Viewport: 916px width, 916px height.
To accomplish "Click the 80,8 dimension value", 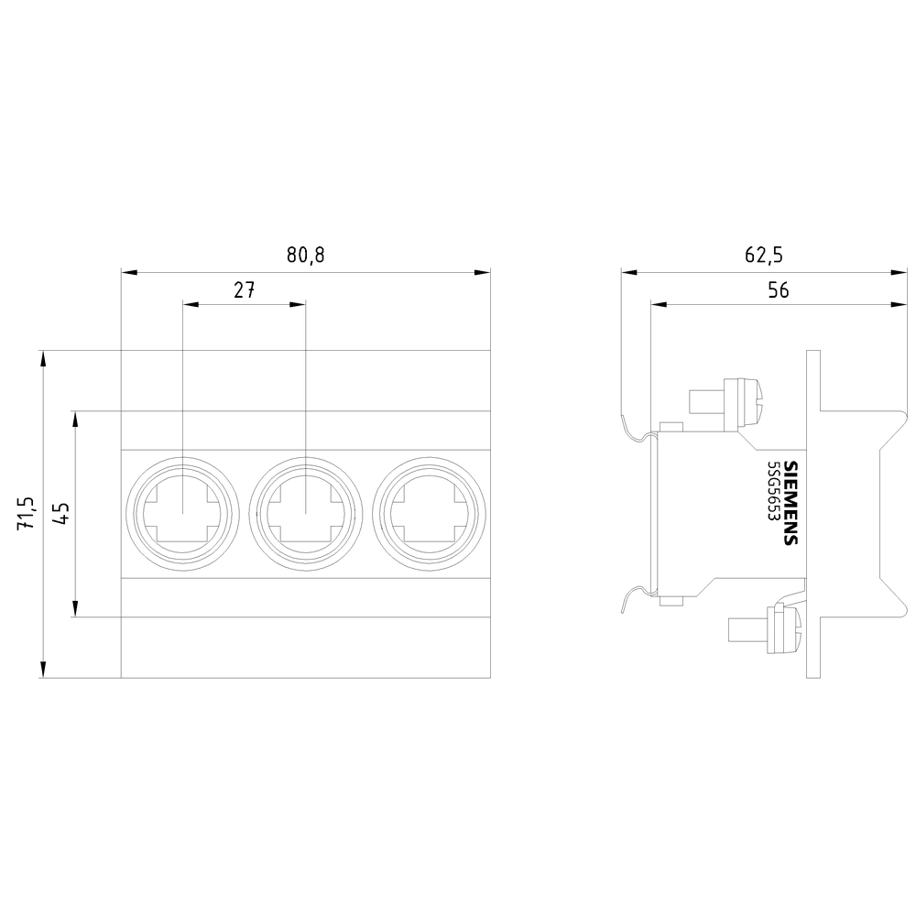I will pyautogui.click(x=305, y=255).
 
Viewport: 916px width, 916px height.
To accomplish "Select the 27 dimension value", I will pyautogui.click(x=243, y=290).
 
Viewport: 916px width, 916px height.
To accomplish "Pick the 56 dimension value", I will pyautogui.click(x=778, y=290).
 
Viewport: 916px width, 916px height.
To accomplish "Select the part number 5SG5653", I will pyautogui.click(x=773, y=502).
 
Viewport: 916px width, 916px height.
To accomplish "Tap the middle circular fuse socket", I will pyautogui.click(x=305, y=514).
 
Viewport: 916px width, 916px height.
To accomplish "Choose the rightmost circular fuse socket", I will pyautogui.click(x=429, y=514).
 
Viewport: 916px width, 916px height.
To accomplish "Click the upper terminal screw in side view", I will pyautogui.click(x=734, y=404).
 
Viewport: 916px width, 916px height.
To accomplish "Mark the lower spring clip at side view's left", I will pyautogui.click(x=637, y=598).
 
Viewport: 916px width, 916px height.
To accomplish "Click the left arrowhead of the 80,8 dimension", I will pyautogui.click(x=128, y=272).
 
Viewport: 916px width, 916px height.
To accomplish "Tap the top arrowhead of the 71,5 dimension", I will pyautogui.click(x=42, y=357).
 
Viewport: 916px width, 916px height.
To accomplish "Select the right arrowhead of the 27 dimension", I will pyautogui.click(x=298, y=306).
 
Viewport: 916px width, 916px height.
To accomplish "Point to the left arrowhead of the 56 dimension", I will pyautogui.click(x=658, y=306).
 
